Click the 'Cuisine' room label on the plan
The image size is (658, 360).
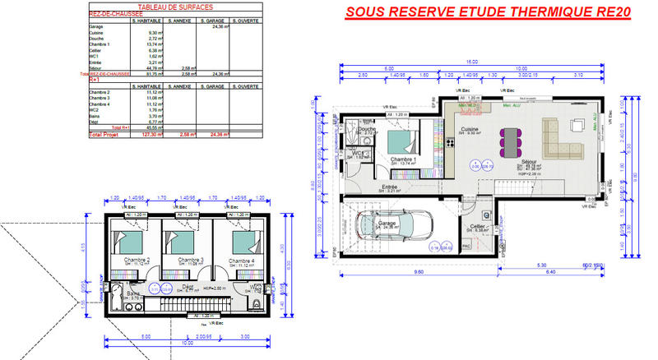pyautogui.click(x=470, y=130)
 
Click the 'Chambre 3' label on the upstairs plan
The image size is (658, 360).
pyautogui.click(x=191, y=261)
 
